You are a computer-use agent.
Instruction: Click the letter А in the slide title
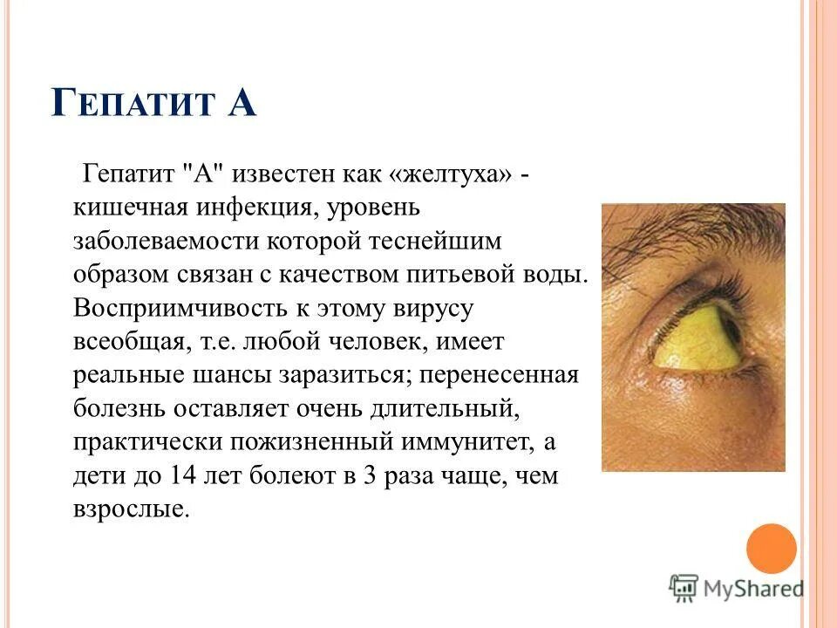point(242,102)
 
